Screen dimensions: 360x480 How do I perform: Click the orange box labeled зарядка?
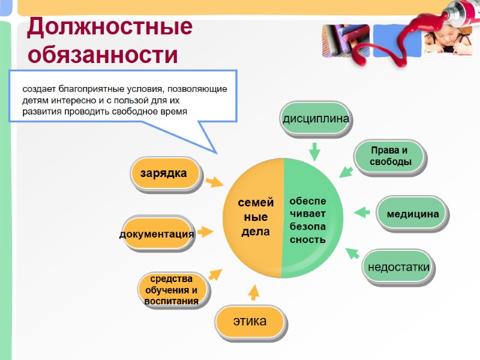pos(164,174)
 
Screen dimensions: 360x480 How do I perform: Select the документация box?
pos(157,233)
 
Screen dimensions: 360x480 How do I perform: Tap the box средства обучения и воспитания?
pos(172,290)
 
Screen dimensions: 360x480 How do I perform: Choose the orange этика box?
pos(250,322)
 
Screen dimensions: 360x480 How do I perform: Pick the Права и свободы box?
pos(390,156)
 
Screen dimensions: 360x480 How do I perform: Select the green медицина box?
pos(413,214)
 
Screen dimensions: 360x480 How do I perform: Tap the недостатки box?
pos(398,266)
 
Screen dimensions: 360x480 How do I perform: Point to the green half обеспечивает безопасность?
pos(309,219)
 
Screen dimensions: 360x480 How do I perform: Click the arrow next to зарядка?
pos(214,182)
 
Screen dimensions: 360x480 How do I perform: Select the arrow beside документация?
pos(205,232)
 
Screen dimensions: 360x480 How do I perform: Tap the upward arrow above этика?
pos(254,292)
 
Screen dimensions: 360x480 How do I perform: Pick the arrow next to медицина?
pos(361,212)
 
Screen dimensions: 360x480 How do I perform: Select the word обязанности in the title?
pos(103,55)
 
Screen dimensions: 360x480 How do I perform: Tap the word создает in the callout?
pos(40,89)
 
